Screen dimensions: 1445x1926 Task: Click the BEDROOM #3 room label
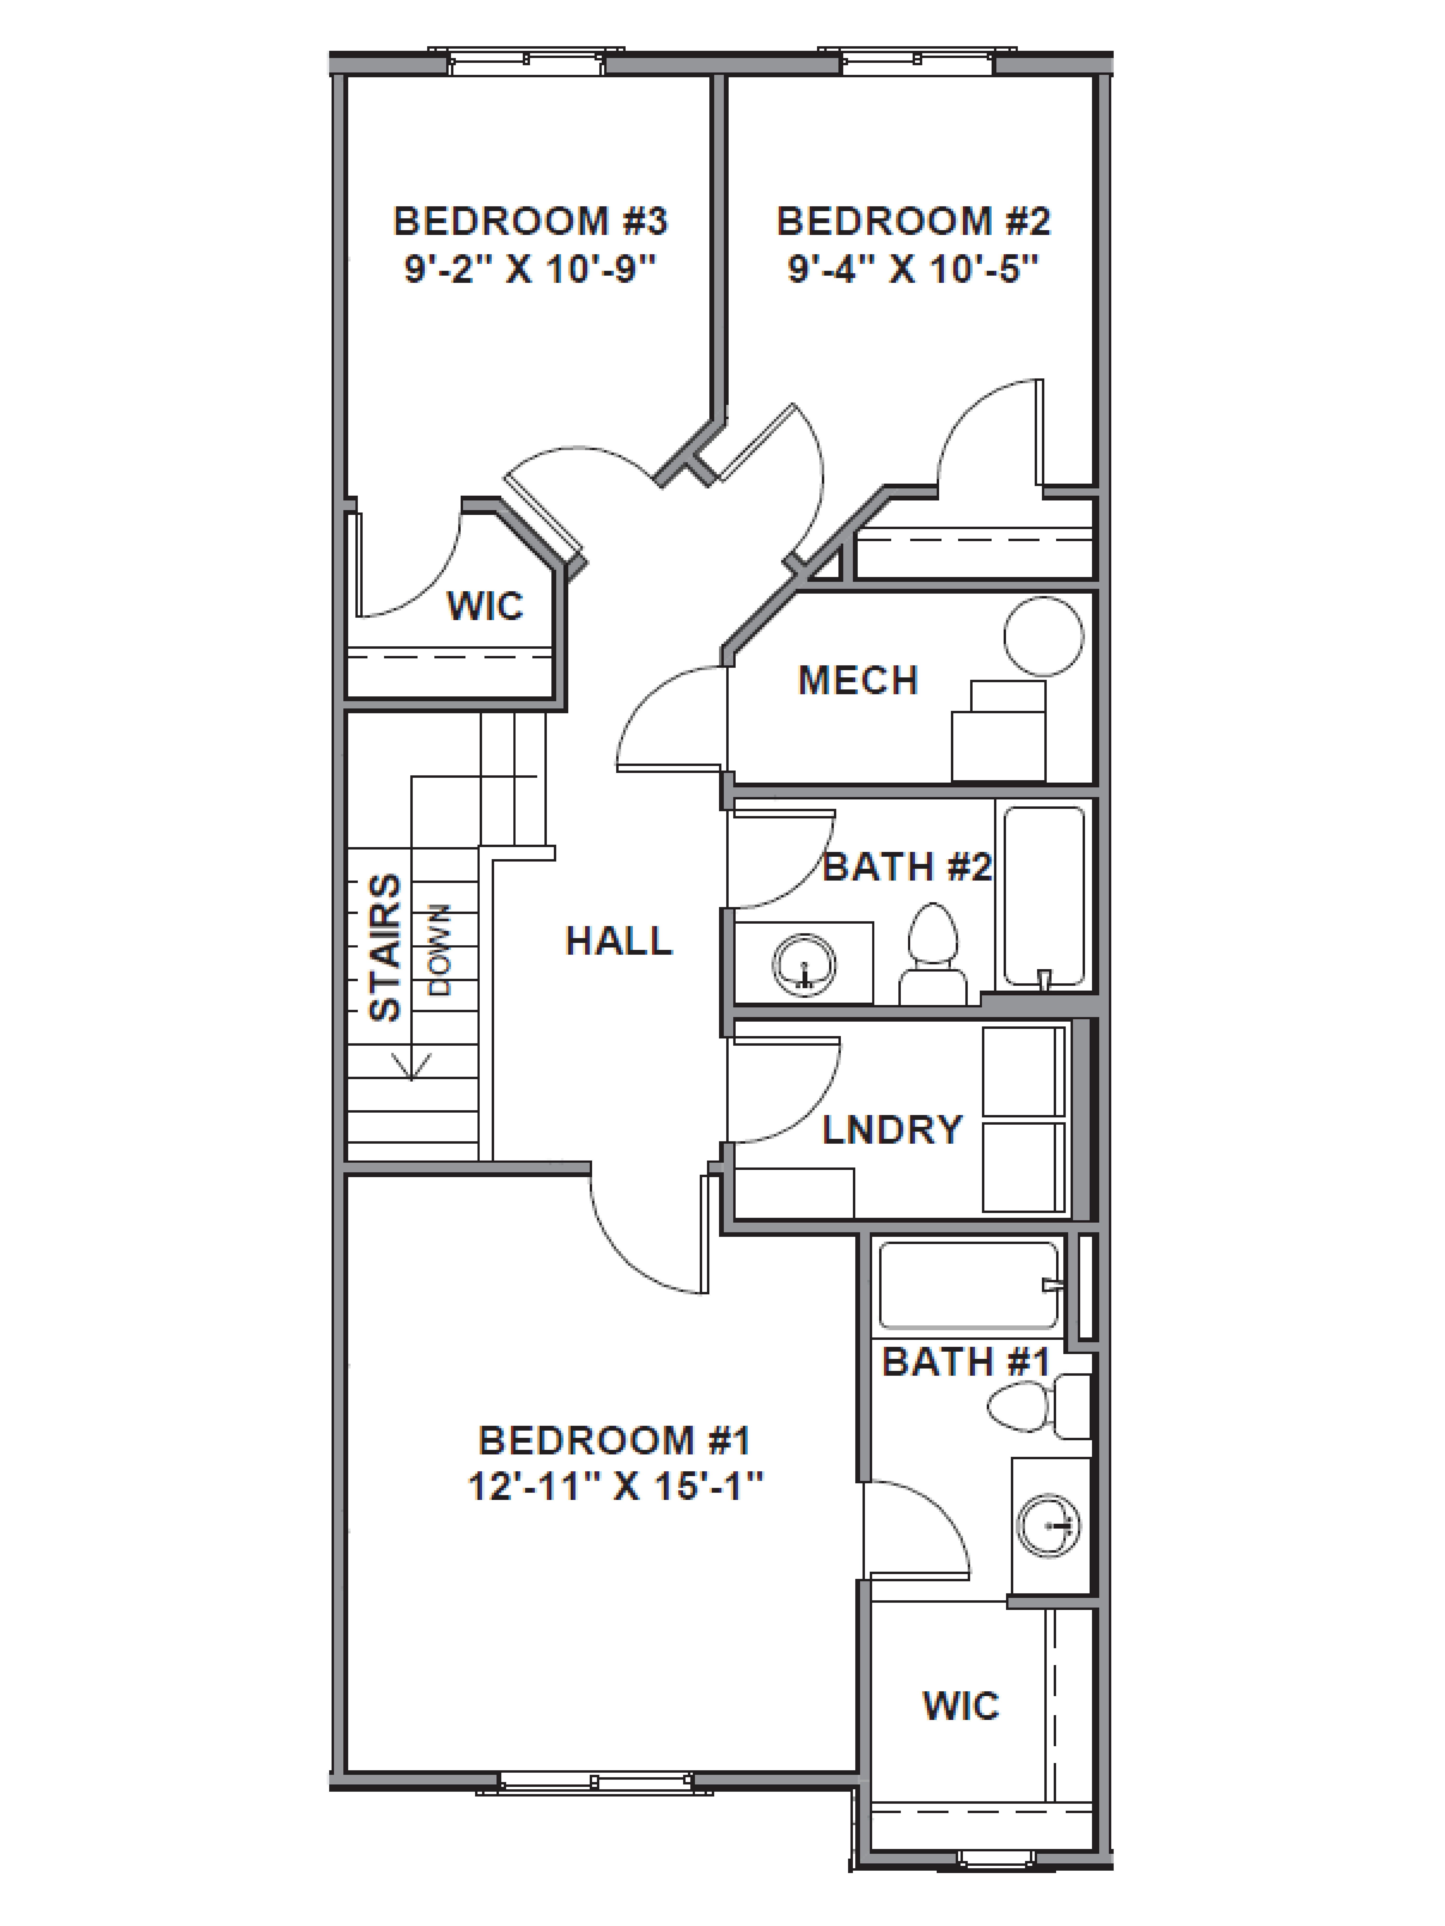coord(530,221)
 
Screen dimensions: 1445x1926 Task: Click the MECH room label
coord(858,680)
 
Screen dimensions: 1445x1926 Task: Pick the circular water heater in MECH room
coord(1043,636)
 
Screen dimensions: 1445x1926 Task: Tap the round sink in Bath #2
coord(804,964)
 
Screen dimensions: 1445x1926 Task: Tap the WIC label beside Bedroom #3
coord(485,605)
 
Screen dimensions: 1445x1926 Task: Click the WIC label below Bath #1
coord(961,1706)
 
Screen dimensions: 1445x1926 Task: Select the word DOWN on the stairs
coord(440,949)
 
